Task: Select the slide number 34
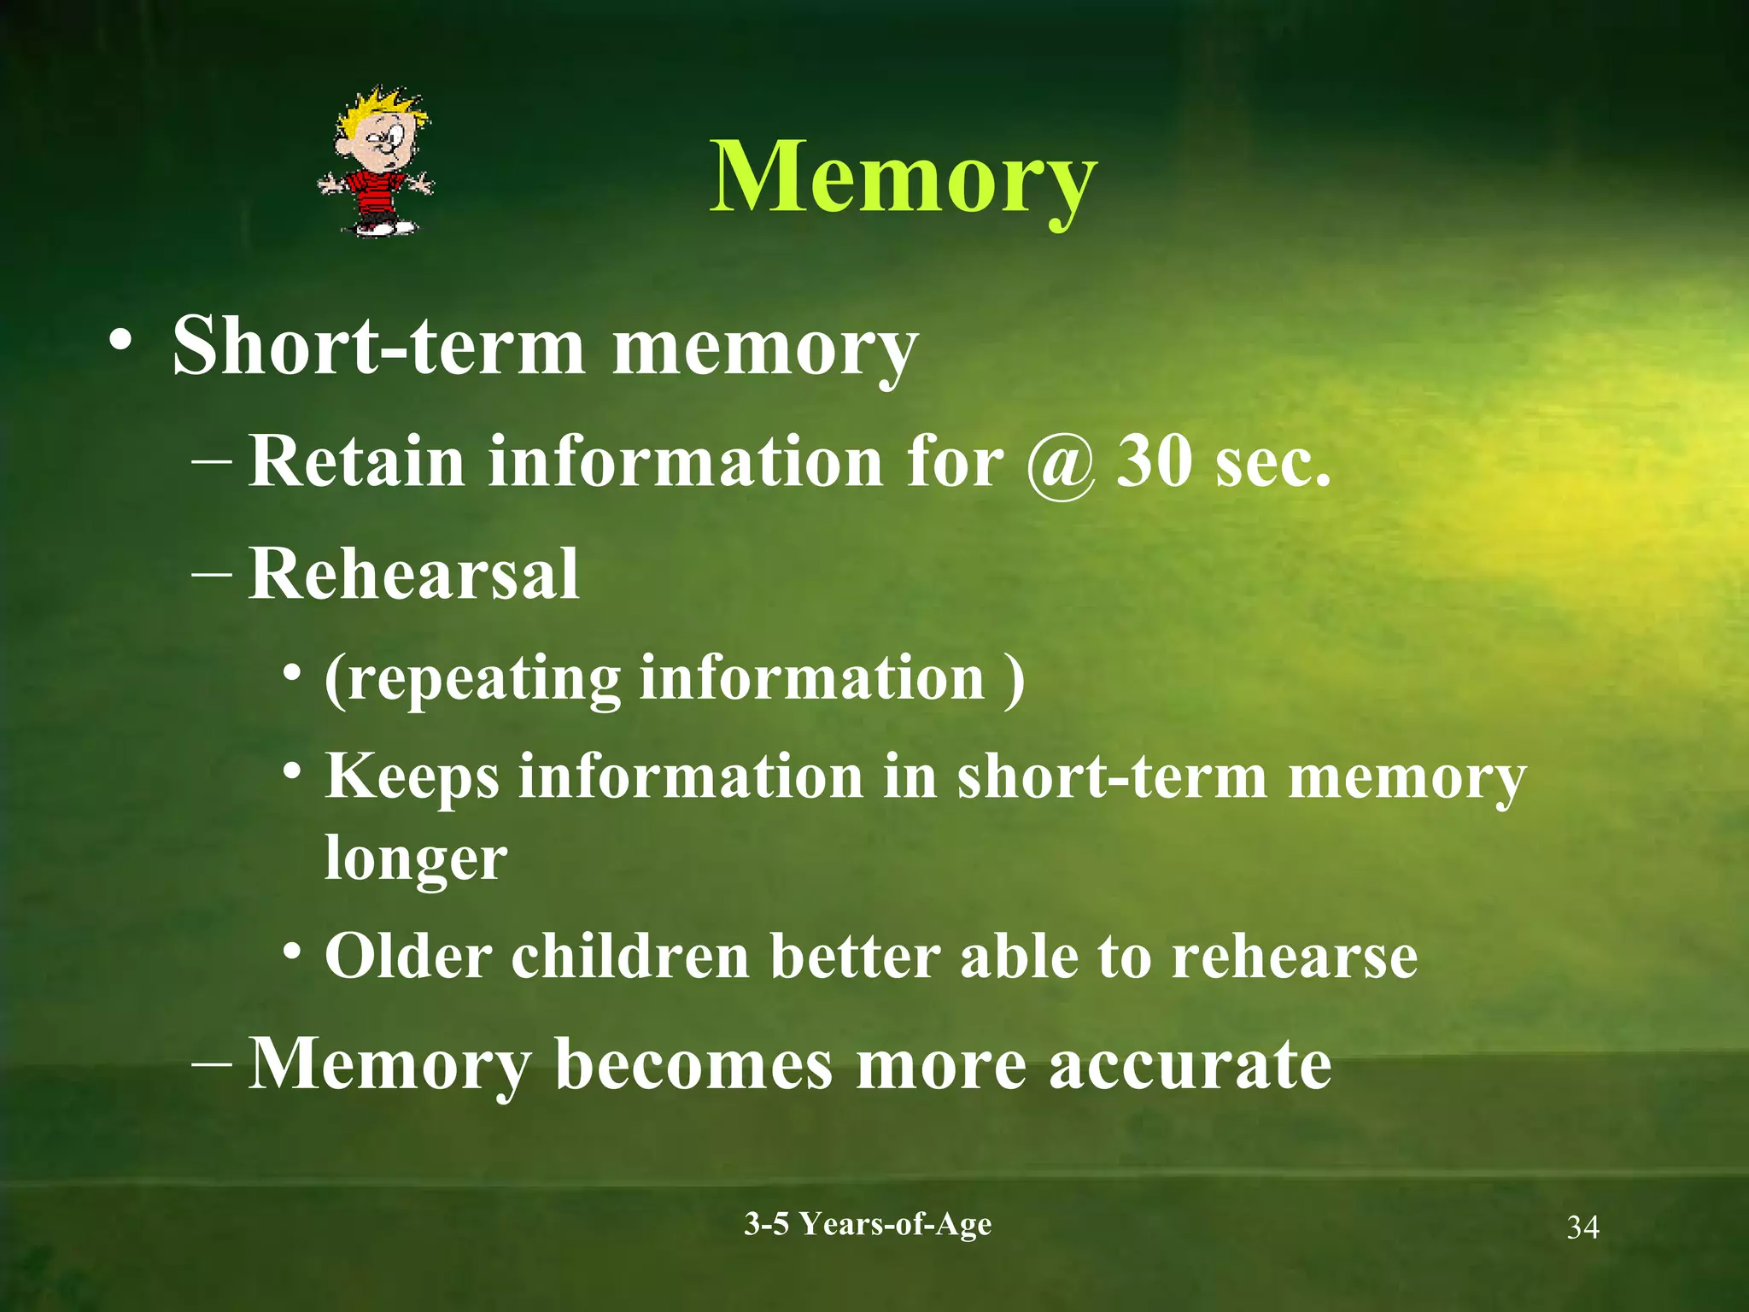[1582, 1227]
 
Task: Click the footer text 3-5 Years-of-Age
[868, 1224]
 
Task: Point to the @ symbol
[1060, 464]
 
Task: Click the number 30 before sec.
[1154, 461]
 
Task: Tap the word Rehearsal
[413, 574]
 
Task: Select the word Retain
[357, 461]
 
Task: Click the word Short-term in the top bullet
[378, 346]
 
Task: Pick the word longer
[416, 859]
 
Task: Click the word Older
[408, 956]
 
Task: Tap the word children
[630, 956]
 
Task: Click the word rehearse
[1294, 956]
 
